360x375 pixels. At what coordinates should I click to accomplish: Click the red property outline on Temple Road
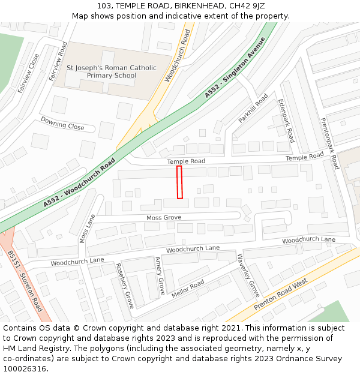click(179, 182)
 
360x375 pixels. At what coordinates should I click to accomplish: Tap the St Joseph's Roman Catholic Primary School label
click(111, 72)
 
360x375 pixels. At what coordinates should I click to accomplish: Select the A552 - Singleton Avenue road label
click(235, 67)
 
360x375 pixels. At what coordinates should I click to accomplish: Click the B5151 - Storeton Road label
click(25, 281)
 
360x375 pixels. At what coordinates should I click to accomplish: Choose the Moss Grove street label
click(164, 217)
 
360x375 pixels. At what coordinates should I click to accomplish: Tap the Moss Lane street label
click(87, 229)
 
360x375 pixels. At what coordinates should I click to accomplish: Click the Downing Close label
click(62, 123)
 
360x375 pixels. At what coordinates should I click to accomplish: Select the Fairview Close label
click(28, 73)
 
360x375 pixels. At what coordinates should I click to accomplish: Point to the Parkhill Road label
click(253, 109)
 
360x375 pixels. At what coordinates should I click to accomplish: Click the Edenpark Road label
click(286, 121)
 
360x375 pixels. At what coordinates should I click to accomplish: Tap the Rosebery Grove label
click(124, 284)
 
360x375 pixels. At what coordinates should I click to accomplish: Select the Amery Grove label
click(160, 276)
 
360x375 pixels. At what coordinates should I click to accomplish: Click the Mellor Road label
click(188, 289)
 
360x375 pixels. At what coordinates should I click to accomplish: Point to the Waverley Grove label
click(247, 275)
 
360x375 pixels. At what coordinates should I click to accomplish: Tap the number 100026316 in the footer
click(25, 369)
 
